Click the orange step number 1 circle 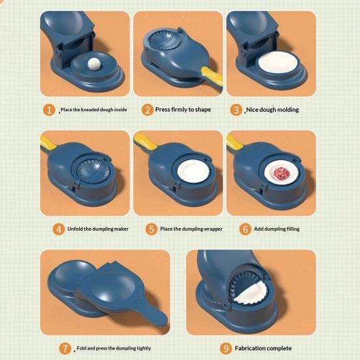tap(49, 110)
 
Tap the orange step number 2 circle tap(148, 110)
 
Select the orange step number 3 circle tap(237, 110)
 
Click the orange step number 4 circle tap(59, 229)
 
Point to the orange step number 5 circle tap(152, 229)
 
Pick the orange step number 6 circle tap(246, 229)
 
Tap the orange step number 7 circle tap(65, 348)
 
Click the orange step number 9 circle tap(226, 348)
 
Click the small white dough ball tap(93, 63)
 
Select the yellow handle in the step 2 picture tap(212, 76)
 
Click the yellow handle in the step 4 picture tap(48, 141)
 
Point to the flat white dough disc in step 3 tap(278, 62)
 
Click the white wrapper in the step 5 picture tap(193, 171)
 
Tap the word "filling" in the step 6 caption tap(293, 229)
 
